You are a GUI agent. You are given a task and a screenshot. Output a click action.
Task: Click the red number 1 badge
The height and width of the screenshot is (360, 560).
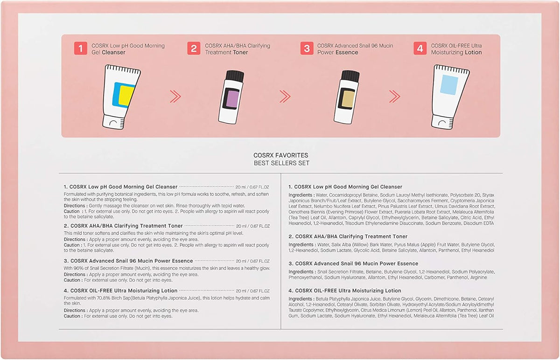point(80,48)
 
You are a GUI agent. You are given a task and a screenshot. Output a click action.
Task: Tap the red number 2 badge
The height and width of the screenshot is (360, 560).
point(194,48)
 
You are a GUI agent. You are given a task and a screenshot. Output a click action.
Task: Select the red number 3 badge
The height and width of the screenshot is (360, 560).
point(307,48)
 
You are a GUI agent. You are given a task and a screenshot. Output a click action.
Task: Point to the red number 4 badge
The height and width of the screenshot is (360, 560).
point(420,48)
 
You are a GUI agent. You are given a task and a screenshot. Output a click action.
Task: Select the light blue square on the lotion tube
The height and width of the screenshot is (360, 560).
point(449,85)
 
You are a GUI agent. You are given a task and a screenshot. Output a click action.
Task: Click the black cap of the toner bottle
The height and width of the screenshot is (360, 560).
point(235,76)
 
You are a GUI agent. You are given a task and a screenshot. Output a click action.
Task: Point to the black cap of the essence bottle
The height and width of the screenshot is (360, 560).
point(350,76)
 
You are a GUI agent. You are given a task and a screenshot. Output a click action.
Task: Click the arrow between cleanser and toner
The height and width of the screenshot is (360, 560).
point(175,97)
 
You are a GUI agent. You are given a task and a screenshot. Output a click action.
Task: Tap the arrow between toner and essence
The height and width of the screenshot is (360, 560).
point(285,97)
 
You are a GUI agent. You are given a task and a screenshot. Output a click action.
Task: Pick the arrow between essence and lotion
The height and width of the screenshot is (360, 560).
point(394,97)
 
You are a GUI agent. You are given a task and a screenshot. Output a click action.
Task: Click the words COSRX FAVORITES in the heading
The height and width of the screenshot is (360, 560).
point(281,155)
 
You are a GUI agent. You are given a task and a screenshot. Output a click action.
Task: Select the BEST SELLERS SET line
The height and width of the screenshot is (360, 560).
point(281,163)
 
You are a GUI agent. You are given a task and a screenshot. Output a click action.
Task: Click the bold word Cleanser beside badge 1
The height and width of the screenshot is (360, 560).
point(113,53)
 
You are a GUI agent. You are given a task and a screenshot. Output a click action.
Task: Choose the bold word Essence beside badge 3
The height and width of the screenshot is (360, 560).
point(347,53)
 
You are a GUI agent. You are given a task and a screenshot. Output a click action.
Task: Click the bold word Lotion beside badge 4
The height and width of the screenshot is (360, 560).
point(473,53)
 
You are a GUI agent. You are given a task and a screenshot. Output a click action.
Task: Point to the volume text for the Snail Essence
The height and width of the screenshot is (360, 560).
point(252,261)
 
